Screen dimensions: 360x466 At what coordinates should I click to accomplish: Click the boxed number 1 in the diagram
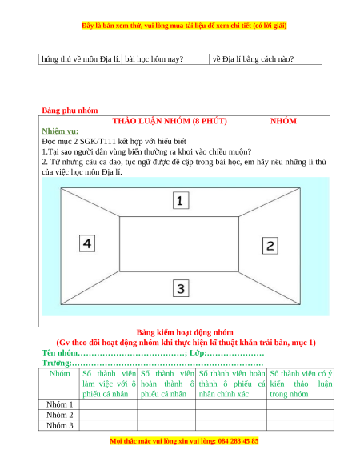point(181,201)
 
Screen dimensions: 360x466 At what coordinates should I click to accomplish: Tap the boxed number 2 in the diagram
point(270,246)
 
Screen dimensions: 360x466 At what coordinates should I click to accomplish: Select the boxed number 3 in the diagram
point(181,288)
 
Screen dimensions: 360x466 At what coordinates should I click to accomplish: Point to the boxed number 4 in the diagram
point(87,243)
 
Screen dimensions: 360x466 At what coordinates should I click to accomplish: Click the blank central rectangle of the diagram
point(179,244)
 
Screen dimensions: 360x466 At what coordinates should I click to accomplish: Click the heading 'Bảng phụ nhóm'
point(70,110)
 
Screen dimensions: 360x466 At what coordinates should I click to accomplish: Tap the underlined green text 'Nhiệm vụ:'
point(60,131)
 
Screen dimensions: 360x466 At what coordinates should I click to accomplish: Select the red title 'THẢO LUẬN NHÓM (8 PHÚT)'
point(170,121)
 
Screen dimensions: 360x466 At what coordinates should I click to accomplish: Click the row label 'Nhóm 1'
point(59,404)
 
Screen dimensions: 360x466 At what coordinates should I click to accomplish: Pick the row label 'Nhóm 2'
point(59,415)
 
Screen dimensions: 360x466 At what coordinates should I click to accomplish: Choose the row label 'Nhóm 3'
point(59,425)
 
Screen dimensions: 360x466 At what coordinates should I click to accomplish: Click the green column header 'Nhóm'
point(60,374)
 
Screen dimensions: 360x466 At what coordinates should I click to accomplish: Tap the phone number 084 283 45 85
point(238,440)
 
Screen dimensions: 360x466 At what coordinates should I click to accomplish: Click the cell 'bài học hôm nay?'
point(154,59)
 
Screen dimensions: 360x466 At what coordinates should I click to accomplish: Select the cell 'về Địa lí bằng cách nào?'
point(253,59)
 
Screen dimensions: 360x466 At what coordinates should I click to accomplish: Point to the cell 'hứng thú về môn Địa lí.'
point(81,59)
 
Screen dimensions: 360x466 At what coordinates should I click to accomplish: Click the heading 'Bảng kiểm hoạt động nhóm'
point(185,332)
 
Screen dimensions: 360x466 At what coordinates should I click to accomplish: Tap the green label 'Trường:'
point(57,363)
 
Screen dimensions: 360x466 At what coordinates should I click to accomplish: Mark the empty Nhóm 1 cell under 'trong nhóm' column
point(300,404)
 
